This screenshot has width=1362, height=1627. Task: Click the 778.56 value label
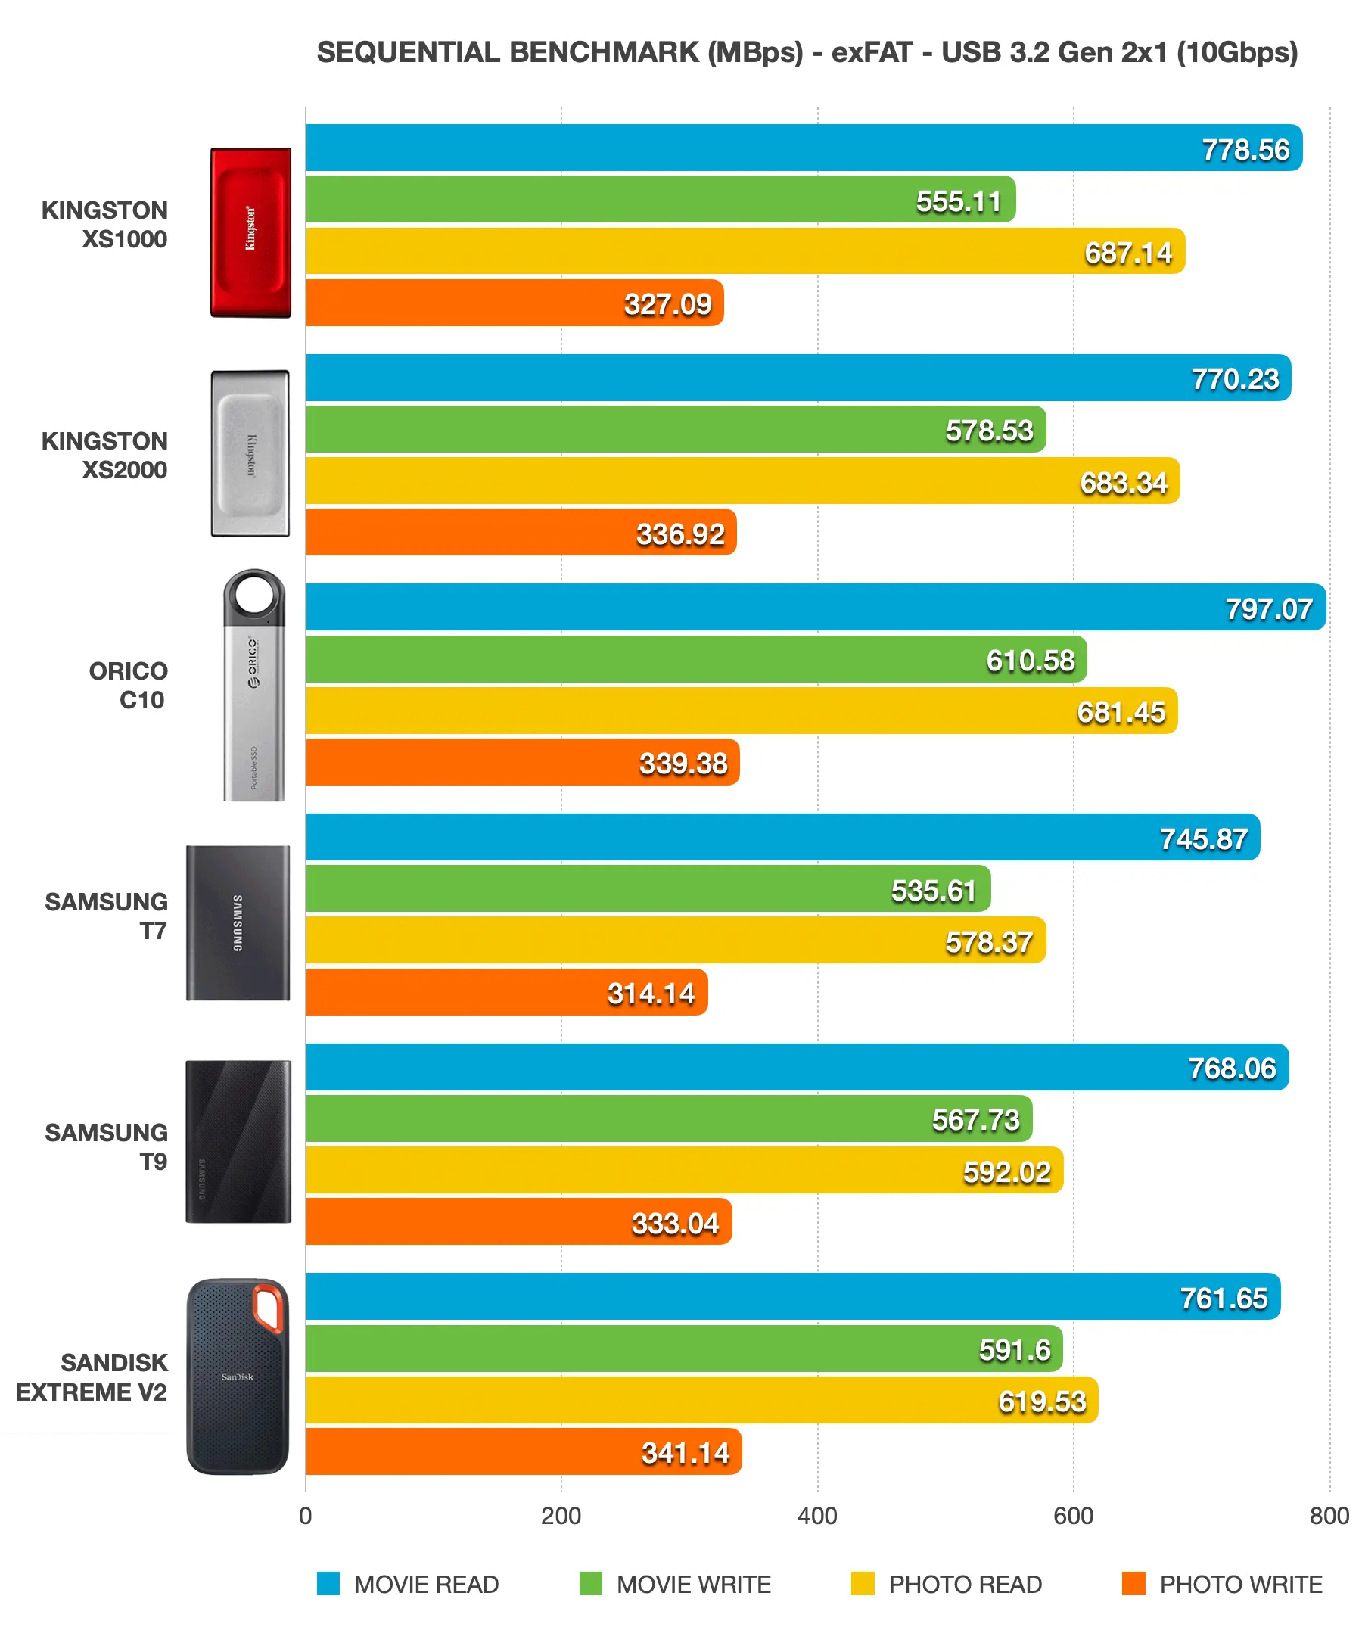point(1244,150)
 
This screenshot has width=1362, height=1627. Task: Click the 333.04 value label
point(675,1224)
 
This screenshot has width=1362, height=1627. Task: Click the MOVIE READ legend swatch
point(328,1584)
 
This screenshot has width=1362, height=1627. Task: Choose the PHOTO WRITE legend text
point(1239,1585)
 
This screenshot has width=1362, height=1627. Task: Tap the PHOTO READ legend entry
point(965,1585)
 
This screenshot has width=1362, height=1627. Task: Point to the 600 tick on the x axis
point(1072,1517)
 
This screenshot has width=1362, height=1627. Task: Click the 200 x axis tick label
point(560,1517)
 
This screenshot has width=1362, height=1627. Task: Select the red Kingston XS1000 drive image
point(250,232)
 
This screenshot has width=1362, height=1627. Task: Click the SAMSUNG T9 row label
point(106,1146)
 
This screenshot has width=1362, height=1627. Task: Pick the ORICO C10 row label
point(128,685)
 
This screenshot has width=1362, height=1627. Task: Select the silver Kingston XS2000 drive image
point(250,453)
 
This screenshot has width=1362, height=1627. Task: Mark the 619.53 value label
point(1041,1401)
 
